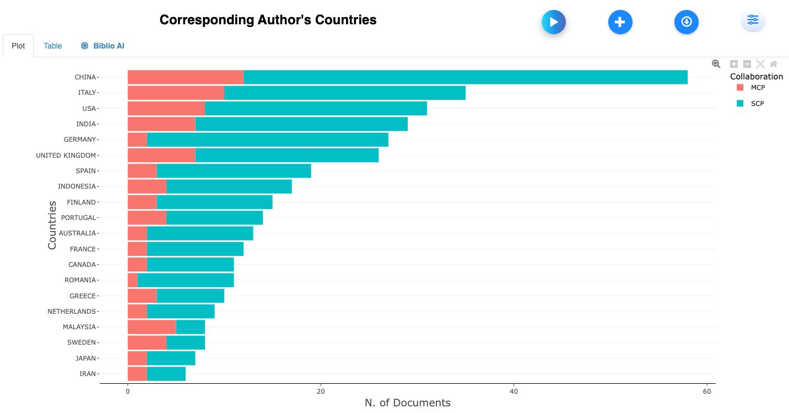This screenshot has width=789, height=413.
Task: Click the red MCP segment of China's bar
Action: (185, 77)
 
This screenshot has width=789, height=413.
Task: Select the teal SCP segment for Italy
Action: (345, 93)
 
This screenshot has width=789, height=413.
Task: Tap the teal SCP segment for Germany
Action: (267, 140)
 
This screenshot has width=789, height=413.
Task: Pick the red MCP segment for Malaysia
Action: (152, 327)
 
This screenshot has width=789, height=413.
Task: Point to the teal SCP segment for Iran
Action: (166, 374)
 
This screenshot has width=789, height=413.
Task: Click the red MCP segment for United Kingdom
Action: (161, 155)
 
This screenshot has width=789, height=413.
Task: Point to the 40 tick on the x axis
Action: (514, 391)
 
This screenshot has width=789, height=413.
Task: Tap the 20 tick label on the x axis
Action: (321, 391)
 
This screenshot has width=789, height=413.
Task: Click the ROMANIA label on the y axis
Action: (80, 280)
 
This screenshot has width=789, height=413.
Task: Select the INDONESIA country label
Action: (77, 186)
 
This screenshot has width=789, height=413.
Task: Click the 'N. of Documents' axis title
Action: (407, 403)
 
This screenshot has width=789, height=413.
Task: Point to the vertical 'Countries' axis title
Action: (52, 225)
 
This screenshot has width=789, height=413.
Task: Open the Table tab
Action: (53, 46)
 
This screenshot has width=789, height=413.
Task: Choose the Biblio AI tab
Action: (103, 46)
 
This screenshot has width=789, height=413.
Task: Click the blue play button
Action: (554, 22)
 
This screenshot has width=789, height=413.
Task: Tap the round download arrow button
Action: (686, 22)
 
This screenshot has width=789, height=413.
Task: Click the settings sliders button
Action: (753, 21)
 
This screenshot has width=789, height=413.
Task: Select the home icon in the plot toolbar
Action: (774, 64)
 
